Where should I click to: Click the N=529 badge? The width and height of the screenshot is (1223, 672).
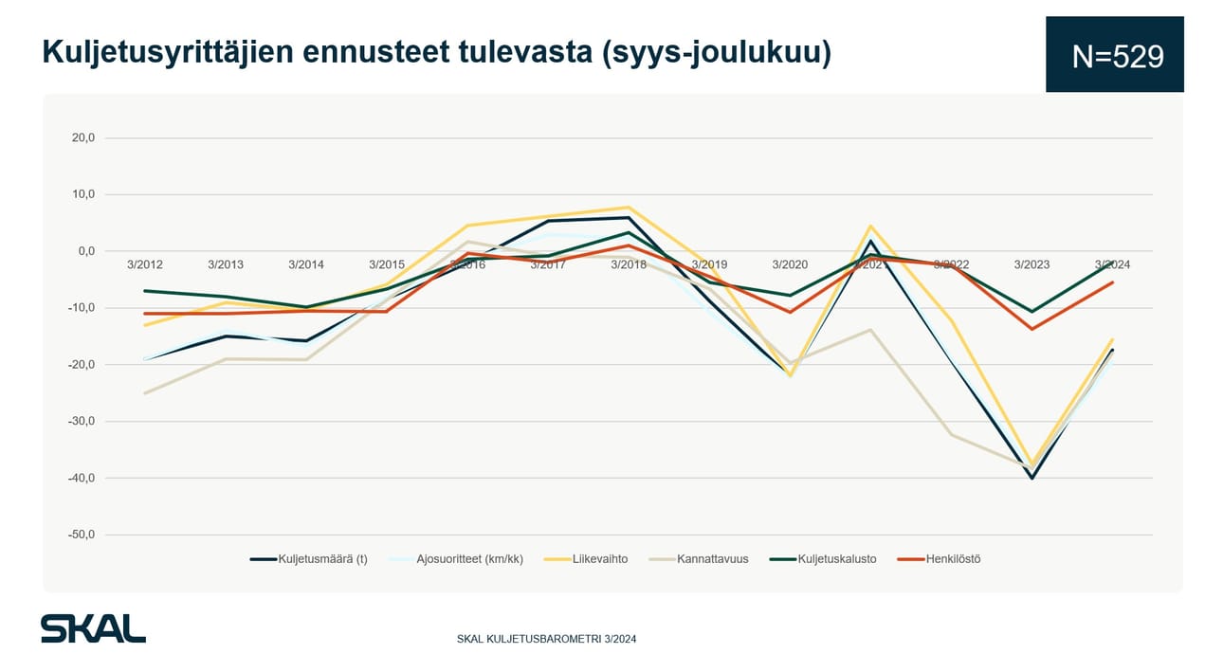[1115, 56]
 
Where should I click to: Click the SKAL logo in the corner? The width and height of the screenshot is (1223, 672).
[93, 628]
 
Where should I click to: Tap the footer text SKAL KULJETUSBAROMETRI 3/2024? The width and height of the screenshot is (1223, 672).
[546, 639]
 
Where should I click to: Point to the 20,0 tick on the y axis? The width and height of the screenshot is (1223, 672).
[83, 137]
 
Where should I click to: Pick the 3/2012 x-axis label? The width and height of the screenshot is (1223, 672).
[145, 264]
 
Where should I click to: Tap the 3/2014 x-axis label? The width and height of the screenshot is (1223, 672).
[306, 264]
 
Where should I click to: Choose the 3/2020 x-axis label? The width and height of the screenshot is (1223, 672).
[790, 264]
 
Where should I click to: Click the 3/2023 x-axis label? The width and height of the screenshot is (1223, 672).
[1031, 264]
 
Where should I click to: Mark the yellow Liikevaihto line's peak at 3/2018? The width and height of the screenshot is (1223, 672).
[629, 208]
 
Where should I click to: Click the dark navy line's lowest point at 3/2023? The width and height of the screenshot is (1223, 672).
[1031, 478]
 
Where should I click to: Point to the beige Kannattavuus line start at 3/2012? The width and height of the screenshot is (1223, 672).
[145, 392]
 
